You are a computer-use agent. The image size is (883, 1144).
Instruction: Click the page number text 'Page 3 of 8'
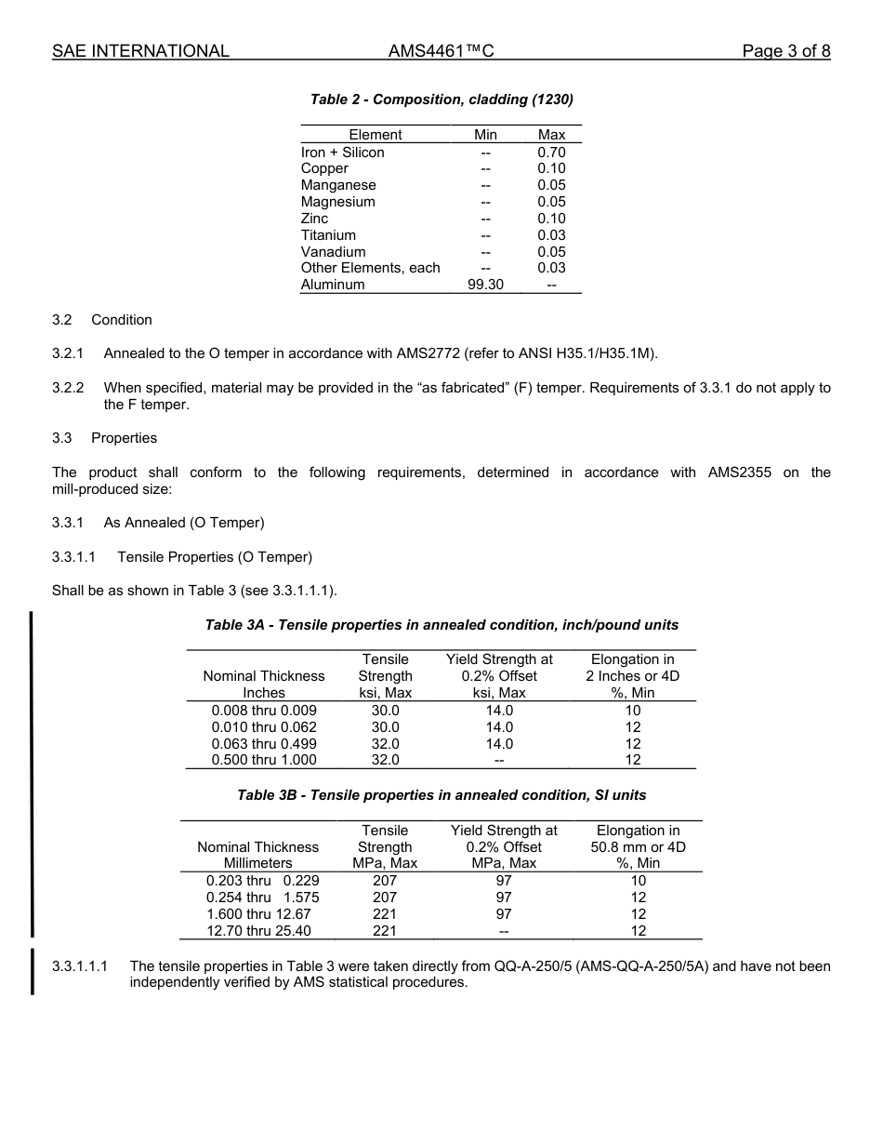(785, 51)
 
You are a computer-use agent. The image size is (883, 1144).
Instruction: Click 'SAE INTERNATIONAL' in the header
(140, 51)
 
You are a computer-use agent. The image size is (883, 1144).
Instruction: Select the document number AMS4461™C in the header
(441, 51)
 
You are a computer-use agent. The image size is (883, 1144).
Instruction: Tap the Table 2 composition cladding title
(441, 100)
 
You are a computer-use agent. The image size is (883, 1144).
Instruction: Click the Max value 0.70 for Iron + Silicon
(551, 153)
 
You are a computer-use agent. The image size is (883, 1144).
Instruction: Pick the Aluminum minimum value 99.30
(485, 285)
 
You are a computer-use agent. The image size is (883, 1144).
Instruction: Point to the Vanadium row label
(333, 252)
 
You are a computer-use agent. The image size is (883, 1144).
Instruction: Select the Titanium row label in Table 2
(328, 235)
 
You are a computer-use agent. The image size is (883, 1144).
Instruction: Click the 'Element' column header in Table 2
(376, 135)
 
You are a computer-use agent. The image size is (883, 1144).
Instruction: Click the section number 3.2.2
(68, 388)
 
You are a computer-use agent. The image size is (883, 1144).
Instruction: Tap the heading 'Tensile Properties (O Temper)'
(215, 557)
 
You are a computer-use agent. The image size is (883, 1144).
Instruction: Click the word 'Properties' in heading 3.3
(124, 438)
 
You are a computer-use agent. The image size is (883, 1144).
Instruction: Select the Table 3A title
(441, 625)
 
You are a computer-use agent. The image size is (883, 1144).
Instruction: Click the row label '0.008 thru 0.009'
(264, 711)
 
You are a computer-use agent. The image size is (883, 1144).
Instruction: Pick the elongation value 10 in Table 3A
(633, 711)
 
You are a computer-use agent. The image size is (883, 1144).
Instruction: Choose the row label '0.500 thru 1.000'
(264, 760)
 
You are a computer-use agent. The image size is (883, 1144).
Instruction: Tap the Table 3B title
(441, 795)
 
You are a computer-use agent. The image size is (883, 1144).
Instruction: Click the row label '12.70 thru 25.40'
(258, 931)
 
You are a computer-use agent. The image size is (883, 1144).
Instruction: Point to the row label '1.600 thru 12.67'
(258, 914)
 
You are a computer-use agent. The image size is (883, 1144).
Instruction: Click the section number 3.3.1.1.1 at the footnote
(80, 966)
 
